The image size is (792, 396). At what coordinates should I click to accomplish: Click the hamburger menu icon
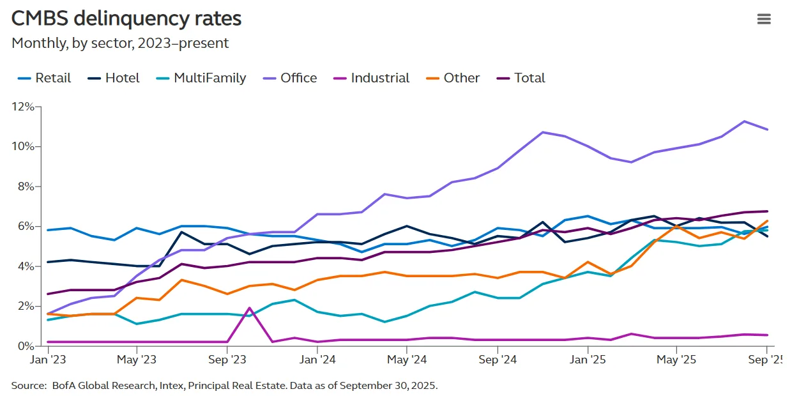(764, 19)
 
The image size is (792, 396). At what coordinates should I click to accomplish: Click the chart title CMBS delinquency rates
(126, 19)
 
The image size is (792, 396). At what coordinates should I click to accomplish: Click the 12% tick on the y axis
(22, 107)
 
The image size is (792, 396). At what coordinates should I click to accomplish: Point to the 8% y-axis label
(25, 187)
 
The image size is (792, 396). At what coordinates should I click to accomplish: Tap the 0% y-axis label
(25, 346)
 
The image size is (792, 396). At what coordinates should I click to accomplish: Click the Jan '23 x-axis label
(48, 360)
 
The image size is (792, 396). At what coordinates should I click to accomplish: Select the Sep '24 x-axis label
(497, 360)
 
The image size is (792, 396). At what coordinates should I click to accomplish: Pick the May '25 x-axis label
(676, 360)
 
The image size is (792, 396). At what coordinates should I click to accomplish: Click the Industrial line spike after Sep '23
(250, 308)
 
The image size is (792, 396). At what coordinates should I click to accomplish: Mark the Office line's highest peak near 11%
(744, 121)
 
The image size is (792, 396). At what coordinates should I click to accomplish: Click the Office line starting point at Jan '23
(49, 314)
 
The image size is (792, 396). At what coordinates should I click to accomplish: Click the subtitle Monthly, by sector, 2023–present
(120, 43)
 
